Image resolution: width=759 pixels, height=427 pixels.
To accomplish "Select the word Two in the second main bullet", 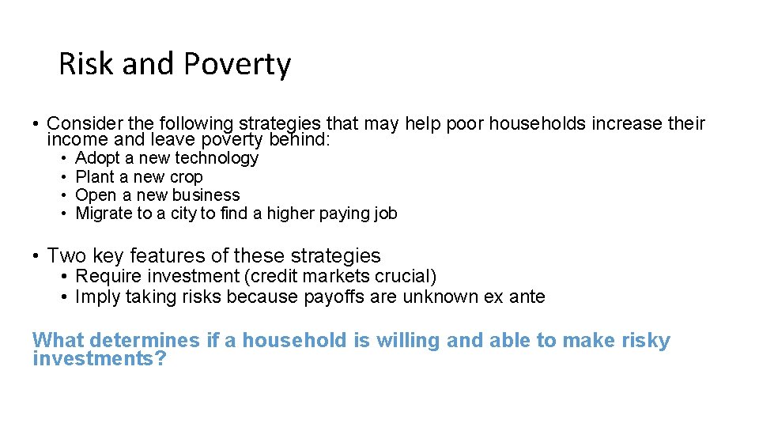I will [x=66, y=256].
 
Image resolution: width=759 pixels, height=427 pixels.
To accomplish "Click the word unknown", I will [x=437, y=297].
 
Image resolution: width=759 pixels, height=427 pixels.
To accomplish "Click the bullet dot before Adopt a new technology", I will [x=62, y=159].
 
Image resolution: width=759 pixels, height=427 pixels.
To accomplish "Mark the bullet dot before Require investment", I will [x=62, y=277].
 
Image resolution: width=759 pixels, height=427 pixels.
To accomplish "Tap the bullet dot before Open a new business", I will [x=62, y=195].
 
